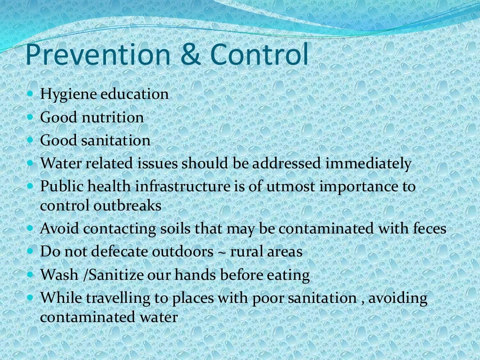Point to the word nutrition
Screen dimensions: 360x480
point(113,117)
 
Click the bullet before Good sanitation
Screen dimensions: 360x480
point(31,140)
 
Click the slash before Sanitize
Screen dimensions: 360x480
point(85,275)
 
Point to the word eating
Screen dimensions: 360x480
point(290,276)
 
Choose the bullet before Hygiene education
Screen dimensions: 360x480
point(31,93)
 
